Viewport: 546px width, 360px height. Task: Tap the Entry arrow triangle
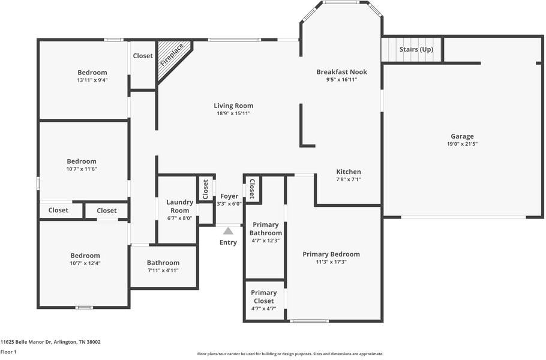228,230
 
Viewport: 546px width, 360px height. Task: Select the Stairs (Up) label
416,49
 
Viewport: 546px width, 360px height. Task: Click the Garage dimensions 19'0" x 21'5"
462,144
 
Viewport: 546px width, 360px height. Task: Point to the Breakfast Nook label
341,72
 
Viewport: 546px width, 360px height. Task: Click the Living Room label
233,106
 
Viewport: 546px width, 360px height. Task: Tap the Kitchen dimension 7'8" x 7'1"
348,179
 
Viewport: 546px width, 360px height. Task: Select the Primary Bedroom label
331,254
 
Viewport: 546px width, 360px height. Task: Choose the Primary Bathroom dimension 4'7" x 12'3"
265,241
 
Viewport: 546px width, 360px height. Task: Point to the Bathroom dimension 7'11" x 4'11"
163,271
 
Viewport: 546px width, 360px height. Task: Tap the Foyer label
229,196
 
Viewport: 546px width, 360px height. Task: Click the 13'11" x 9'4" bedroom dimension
92,80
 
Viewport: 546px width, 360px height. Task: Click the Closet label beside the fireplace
143,56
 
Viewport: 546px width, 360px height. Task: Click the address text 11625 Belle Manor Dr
50,342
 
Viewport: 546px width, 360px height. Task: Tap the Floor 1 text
8,352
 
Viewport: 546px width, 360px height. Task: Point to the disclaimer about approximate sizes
290,354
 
